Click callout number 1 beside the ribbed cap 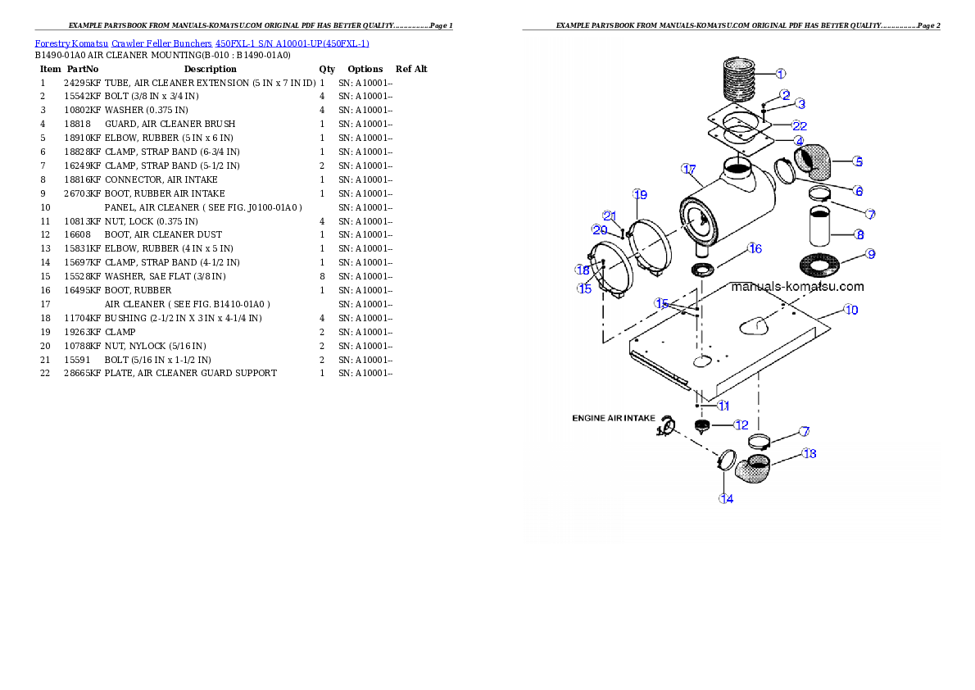coord(780,73)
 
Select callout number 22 coord(799,125)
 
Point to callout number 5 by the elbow coord(856,161)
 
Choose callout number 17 coord(688,168)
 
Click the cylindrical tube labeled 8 coord(822,226)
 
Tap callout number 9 coord(871,254)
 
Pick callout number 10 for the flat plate coord(851,310)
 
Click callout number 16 coord(755,247)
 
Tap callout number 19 coord(640,194)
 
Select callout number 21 coord(609,216)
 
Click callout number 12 coord(741,424)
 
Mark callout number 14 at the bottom coord(726,499)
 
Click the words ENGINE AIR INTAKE coord(613,418)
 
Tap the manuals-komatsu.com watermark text coord(796,287)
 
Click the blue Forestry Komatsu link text coord(202,43)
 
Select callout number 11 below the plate coord(723,406)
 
